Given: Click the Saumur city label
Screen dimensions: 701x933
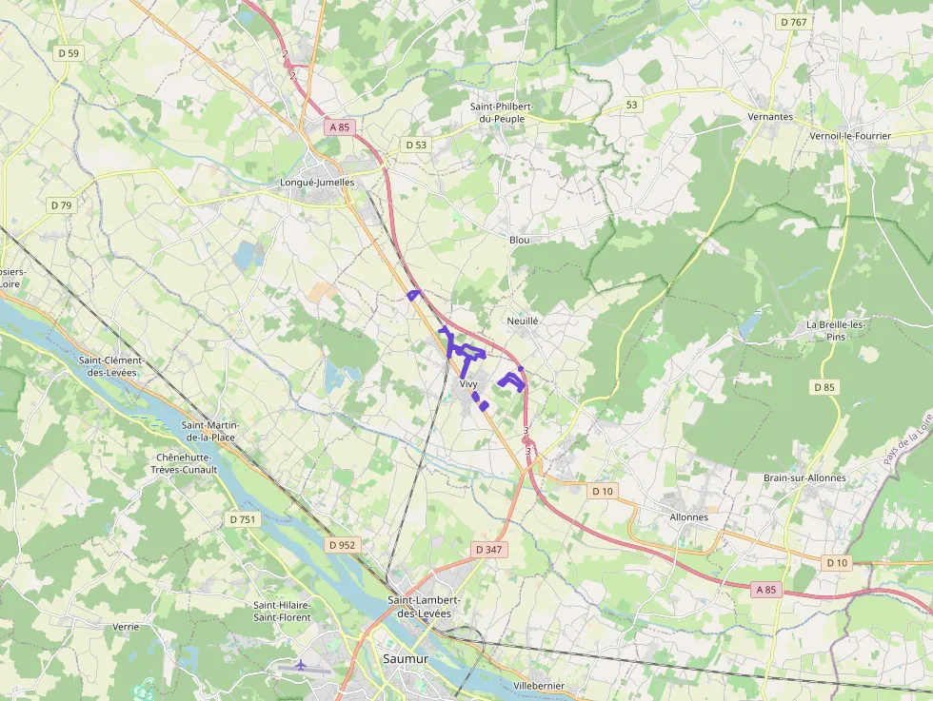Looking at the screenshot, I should click(406, 658).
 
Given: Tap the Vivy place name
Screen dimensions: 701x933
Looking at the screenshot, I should click(468, 384).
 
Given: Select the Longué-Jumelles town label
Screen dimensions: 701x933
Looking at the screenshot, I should click(317, 182).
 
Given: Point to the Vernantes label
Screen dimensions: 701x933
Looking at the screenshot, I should click(771, 116).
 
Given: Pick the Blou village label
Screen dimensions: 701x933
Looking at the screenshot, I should click(520, 240).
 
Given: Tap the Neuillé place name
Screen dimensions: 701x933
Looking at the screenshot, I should click(523, 321).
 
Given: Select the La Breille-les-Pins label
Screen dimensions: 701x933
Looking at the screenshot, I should click(836, 330).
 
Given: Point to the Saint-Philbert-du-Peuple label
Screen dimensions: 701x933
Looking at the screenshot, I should click(502, 112).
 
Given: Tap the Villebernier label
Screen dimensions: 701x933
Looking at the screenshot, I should click(539, 686).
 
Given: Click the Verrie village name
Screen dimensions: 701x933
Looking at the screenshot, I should click(126, 627).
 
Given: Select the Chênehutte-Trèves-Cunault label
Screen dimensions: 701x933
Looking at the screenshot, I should click(186, 463).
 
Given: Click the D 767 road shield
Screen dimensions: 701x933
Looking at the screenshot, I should click(793, 22).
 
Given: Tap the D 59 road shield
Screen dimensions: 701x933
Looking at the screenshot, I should click(69, 53).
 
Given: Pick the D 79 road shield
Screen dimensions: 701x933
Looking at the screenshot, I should click(61, 204).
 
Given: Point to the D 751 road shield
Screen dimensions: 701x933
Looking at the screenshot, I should click(243, 519).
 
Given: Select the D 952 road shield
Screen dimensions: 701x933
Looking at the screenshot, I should click(342, 545).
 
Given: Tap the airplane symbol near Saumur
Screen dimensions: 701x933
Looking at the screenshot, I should click(301, 665).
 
